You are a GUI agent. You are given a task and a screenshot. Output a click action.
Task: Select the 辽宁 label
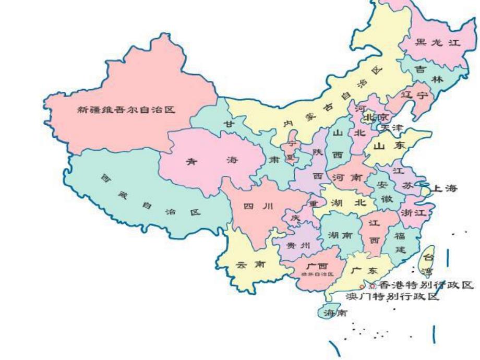coord(414,95)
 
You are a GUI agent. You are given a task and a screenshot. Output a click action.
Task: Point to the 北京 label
coord(376,117)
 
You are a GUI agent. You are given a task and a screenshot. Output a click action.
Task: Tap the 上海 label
coord(445,188)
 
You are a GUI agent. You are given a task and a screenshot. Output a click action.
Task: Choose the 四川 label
coord(258,207)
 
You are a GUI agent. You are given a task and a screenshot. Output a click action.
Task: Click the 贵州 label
coord(298,245)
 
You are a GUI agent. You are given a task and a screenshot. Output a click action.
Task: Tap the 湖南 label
coord(340,235)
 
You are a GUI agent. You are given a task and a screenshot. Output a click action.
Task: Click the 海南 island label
coord(334,313)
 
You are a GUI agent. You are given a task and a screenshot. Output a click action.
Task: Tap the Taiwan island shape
coord(428,261)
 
